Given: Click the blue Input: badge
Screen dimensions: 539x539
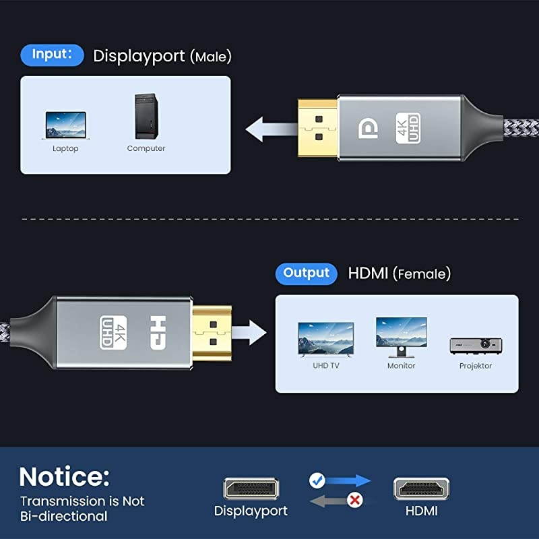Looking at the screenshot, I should [x=53, y=55].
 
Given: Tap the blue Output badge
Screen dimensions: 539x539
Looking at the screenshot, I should [x=306, y=273].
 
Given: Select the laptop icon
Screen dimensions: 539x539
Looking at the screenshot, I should [x=65, y=125].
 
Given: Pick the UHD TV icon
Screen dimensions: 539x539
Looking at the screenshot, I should [x=325, y=339].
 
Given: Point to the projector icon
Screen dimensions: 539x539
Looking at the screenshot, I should [x=475, y=345].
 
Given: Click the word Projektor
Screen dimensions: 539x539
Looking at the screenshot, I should [x=475, y=366].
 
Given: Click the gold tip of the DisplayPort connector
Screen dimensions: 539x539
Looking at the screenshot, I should [x=316, y=129].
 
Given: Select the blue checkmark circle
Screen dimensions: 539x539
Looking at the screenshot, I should [x=317, y=480].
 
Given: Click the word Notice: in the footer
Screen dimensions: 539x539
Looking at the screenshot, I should [x=64, y=476].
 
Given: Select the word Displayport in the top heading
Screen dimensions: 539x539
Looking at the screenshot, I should [x=139, y=56].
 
